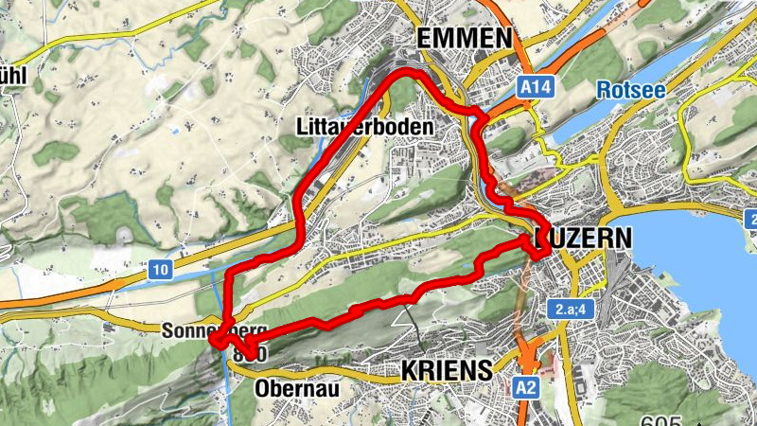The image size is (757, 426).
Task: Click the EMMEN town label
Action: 465,38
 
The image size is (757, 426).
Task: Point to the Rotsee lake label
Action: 631,90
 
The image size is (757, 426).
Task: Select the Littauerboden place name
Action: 364,127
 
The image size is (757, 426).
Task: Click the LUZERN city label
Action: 582,237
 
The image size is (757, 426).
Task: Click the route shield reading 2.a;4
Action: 570,311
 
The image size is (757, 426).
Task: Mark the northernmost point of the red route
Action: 409,71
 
